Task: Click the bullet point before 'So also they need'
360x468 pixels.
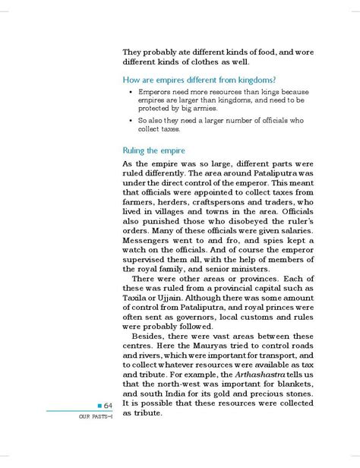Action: point(130,120)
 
